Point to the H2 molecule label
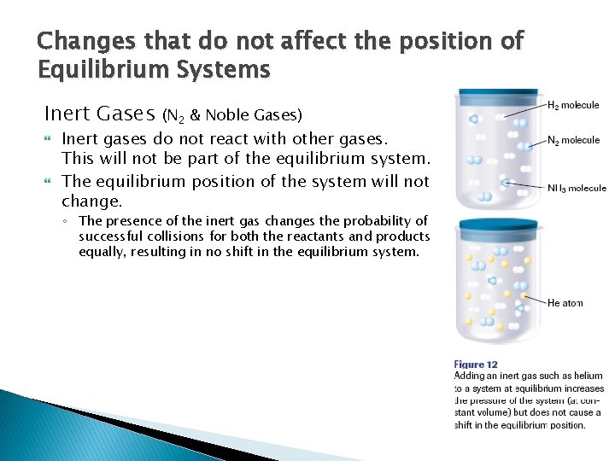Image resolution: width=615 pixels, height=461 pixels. pos(573,105)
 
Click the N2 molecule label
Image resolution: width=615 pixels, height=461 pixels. pos(573,140)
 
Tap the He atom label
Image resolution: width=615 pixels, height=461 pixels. pos(565,303)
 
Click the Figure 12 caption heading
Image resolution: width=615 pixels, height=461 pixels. pos(476,365)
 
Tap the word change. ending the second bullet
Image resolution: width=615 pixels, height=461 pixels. pos(92,202)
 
